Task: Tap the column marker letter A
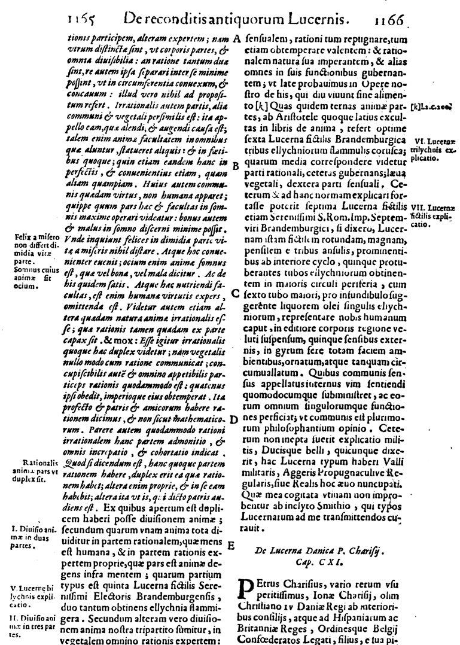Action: pyautogui.click(x=237, y=39)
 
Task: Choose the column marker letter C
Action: pyautogui.click(x=236, y=294)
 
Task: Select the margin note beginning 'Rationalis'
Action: pyautogui.click(x=37, y=471)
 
